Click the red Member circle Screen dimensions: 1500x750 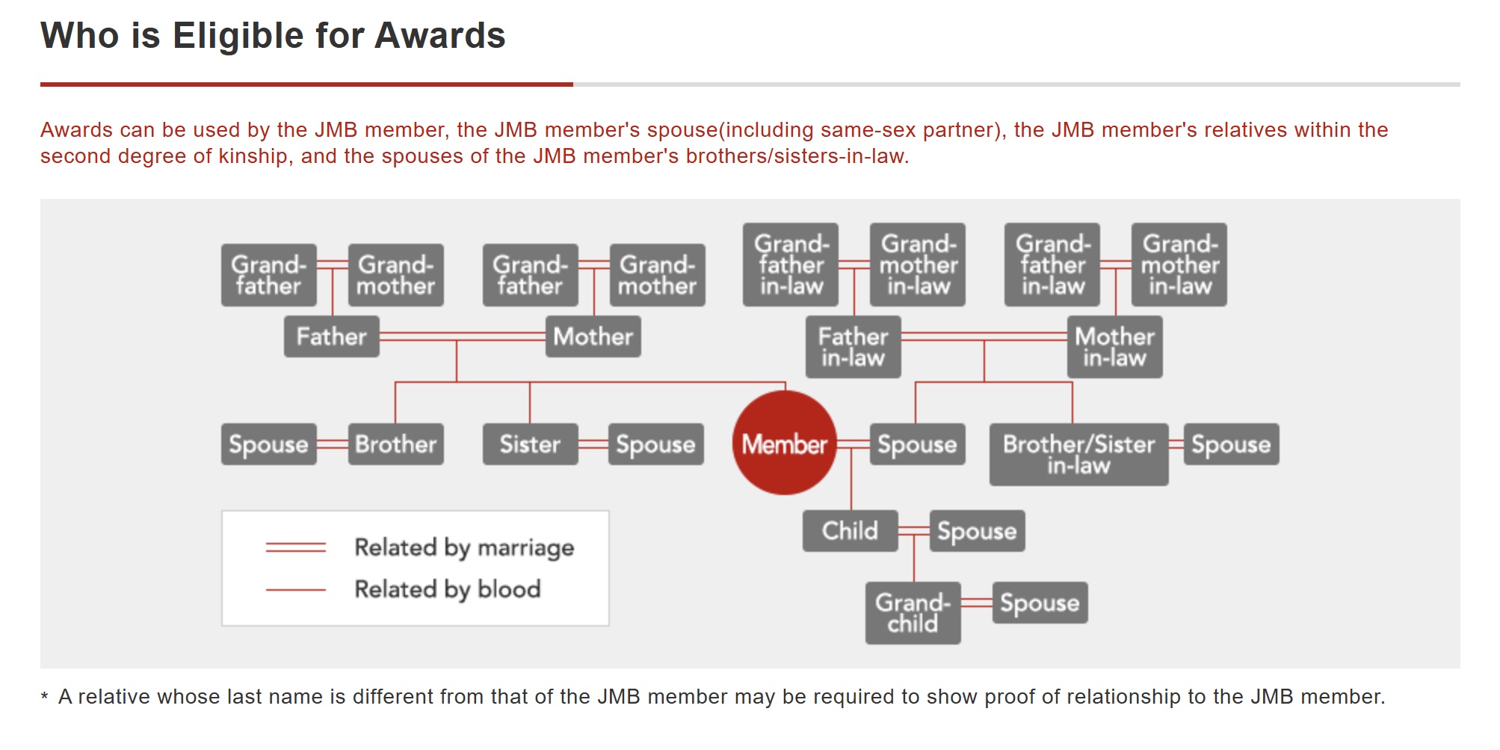pos(785,443)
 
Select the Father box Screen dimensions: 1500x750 pos(332,336)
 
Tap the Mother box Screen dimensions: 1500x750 pos(593,336)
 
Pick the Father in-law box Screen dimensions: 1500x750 pos(854,347)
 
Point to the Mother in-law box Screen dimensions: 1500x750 pos(1115,347)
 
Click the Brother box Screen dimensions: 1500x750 pos(396,444)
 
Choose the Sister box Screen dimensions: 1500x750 pos(531,444)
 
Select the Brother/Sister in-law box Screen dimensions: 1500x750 pos(1079,455)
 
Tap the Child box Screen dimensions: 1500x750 pos(851,531)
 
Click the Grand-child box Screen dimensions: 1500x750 pos(913,613)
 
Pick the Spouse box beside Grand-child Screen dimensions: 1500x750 pos(1040,603)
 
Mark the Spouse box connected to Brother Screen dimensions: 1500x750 pos(269,444)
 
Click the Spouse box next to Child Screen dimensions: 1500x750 pos(978,531)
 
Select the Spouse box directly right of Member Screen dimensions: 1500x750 pos(918,444)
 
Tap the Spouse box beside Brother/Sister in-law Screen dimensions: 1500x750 pos(1232,444)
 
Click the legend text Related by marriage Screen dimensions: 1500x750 pos(464,548)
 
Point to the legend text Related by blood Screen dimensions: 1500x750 pos(448,589)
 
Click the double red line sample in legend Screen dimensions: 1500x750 pos(296,548)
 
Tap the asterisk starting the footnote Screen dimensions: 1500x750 pos(45,698)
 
